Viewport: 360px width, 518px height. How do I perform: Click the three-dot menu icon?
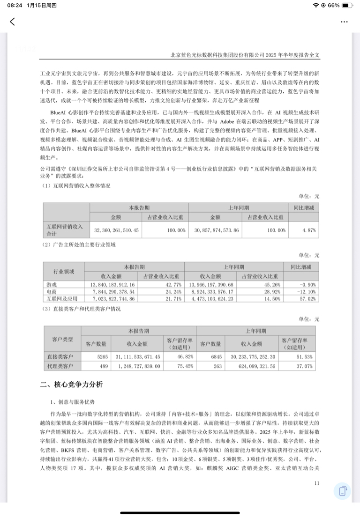(x=345, y=22)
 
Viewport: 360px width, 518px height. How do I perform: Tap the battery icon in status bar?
(x=347, y=5)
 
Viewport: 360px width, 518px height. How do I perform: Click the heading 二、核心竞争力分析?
(x=71, y=385)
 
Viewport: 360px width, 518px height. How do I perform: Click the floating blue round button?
(x=343, y=491)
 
